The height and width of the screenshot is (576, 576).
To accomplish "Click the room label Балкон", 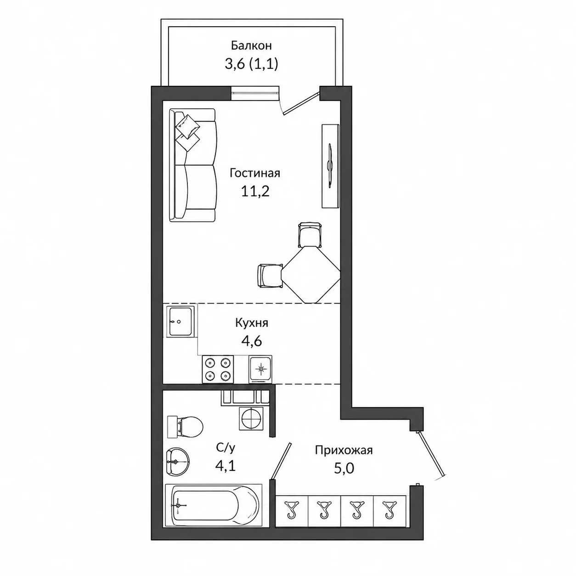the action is (251, 46).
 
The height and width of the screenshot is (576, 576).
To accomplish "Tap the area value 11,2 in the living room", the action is (255, 191).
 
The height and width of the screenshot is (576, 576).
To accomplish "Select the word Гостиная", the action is (254, 173).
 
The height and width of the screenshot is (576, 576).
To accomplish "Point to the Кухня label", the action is (252, 323).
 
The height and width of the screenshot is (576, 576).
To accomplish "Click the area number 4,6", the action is (252, 340).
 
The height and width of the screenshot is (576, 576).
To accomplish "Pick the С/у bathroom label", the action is (226, 447).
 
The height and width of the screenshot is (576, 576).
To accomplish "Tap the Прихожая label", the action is (344, 450).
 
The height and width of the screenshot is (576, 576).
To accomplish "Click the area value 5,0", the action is (344, 468).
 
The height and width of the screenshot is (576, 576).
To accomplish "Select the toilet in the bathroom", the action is (185, 427).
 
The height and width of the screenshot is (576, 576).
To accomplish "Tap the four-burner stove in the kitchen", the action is (218, 369).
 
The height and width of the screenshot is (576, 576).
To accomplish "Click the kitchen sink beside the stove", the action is (260, 369).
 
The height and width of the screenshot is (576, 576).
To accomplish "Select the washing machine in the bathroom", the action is (251, 418).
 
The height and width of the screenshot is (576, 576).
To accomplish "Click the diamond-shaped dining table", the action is (311, 274).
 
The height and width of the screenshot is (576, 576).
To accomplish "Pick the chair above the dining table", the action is (310, 235).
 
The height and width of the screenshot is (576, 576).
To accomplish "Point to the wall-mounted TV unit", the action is (331, 166).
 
